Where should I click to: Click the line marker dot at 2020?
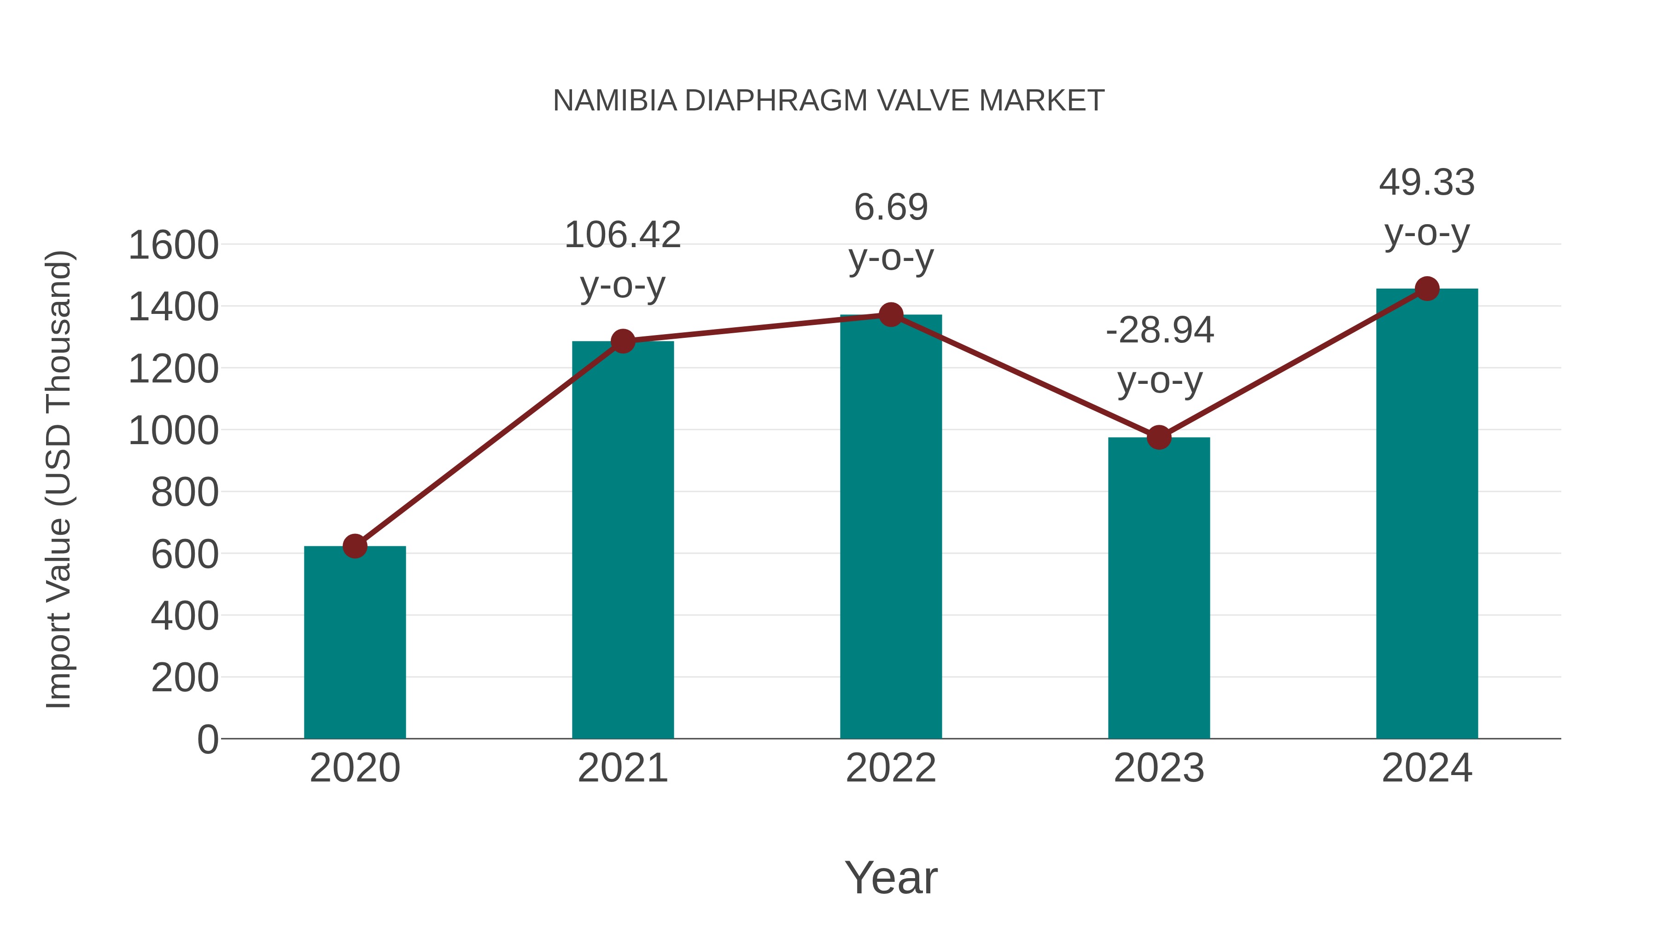(x=355, y=546)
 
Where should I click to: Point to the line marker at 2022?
(x=891, y=314)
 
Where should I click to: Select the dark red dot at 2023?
(x=1159, y=437)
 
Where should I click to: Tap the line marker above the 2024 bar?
(x=1427, y=289)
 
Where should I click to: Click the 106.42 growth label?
(x=622, y=235)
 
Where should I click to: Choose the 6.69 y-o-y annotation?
(x=891, y=208)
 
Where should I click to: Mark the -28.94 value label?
(x=1159, y=330)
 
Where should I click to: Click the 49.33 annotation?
(x=1427, y=183)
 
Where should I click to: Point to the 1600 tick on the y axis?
(x=173, y=246)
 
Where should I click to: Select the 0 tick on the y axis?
(x=207, y=740)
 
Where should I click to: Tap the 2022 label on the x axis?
(x=891, y=768)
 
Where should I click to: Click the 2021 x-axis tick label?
(x=622, y=768)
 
